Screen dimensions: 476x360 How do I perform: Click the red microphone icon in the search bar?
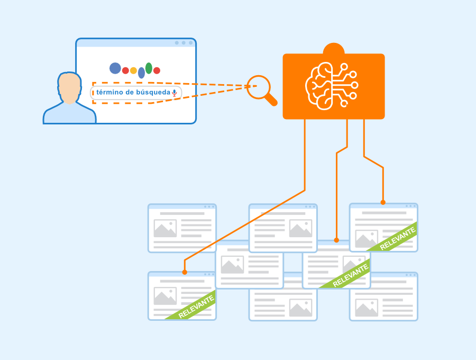[x=174, y=93]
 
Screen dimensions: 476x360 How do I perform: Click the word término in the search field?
[x=109, y=92]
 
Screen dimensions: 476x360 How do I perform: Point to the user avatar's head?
[x=69, y=87]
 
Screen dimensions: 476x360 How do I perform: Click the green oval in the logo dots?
[x=149, y=68]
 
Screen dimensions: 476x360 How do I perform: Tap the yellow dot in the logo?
[x=133, y=71]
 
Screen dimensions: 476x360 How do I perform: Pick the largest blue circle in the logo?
[x=115, y=68]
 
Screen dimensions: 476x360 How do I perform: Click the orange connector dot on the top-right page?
[x=383, y=202]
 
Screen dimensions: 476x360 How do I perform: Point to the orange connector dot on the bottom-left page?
[x=185, y=272]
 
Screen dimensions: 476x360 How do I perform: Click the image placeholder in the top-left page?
[x=165, y=228]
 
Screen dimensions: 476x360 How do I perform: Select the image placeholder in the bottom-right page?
[x=367, y=308]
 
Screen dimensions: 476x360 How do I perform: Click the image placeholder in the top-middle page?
[x=300, y=228]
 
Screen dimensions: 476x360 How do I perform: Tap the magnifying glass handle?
[x=271, y=100]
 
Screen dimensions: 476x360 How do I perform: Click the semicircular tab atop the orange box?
[x=334, y=49]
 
